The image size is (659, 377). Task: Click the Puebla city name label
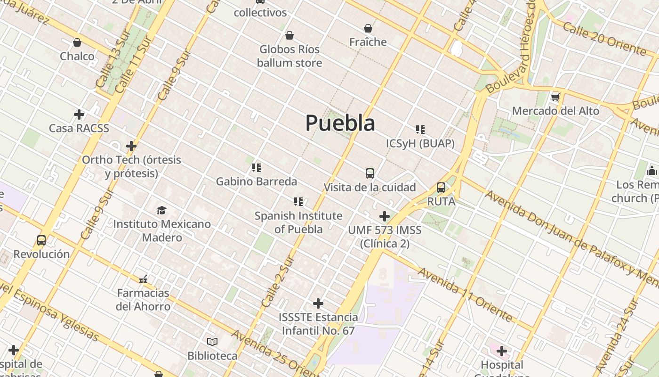(x=340, y=123)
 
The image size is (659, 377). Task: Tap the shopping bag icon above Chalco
(x=77, y=42)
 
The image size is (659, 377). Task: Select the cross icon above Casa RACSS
(x=79, y=115)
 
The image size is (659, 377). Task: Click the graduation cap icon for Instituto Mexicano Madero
(x=162, y=210)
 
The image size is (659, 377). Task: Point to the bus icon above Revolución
(x=41, y=240)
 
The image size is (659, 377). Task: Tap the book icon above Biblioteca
(x=212, y=342)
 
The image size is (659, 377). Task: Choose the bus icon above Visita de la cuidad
(x=370, y=173)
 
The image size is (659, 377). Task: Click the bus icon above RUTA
(x=441, y=188)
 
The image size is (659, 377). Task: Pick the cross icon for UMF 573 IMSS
(x=385, y=216)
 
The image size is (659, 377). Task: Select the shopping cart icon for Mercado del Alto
(x=555, y=98)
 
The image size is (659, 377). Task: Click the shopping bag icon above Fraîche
(x=368, y=28)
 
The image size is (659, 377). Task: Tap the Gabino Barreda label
(x=257, y=181)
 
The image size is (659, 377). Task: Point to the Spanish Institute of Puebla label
(x=298, y=222)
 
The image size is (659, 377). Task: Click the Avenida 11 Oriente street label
(x=465, y=295)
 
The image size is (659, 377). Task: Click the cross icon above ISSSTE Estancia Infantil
(x=318, y=303)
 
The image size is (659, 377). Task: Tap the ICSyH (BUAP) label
(x=420, y=143)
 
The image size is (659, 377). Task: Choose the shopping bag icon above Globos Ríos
(x=289, y=35)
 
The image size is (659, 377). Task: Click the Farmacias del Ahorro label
(x=143, y=299)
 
